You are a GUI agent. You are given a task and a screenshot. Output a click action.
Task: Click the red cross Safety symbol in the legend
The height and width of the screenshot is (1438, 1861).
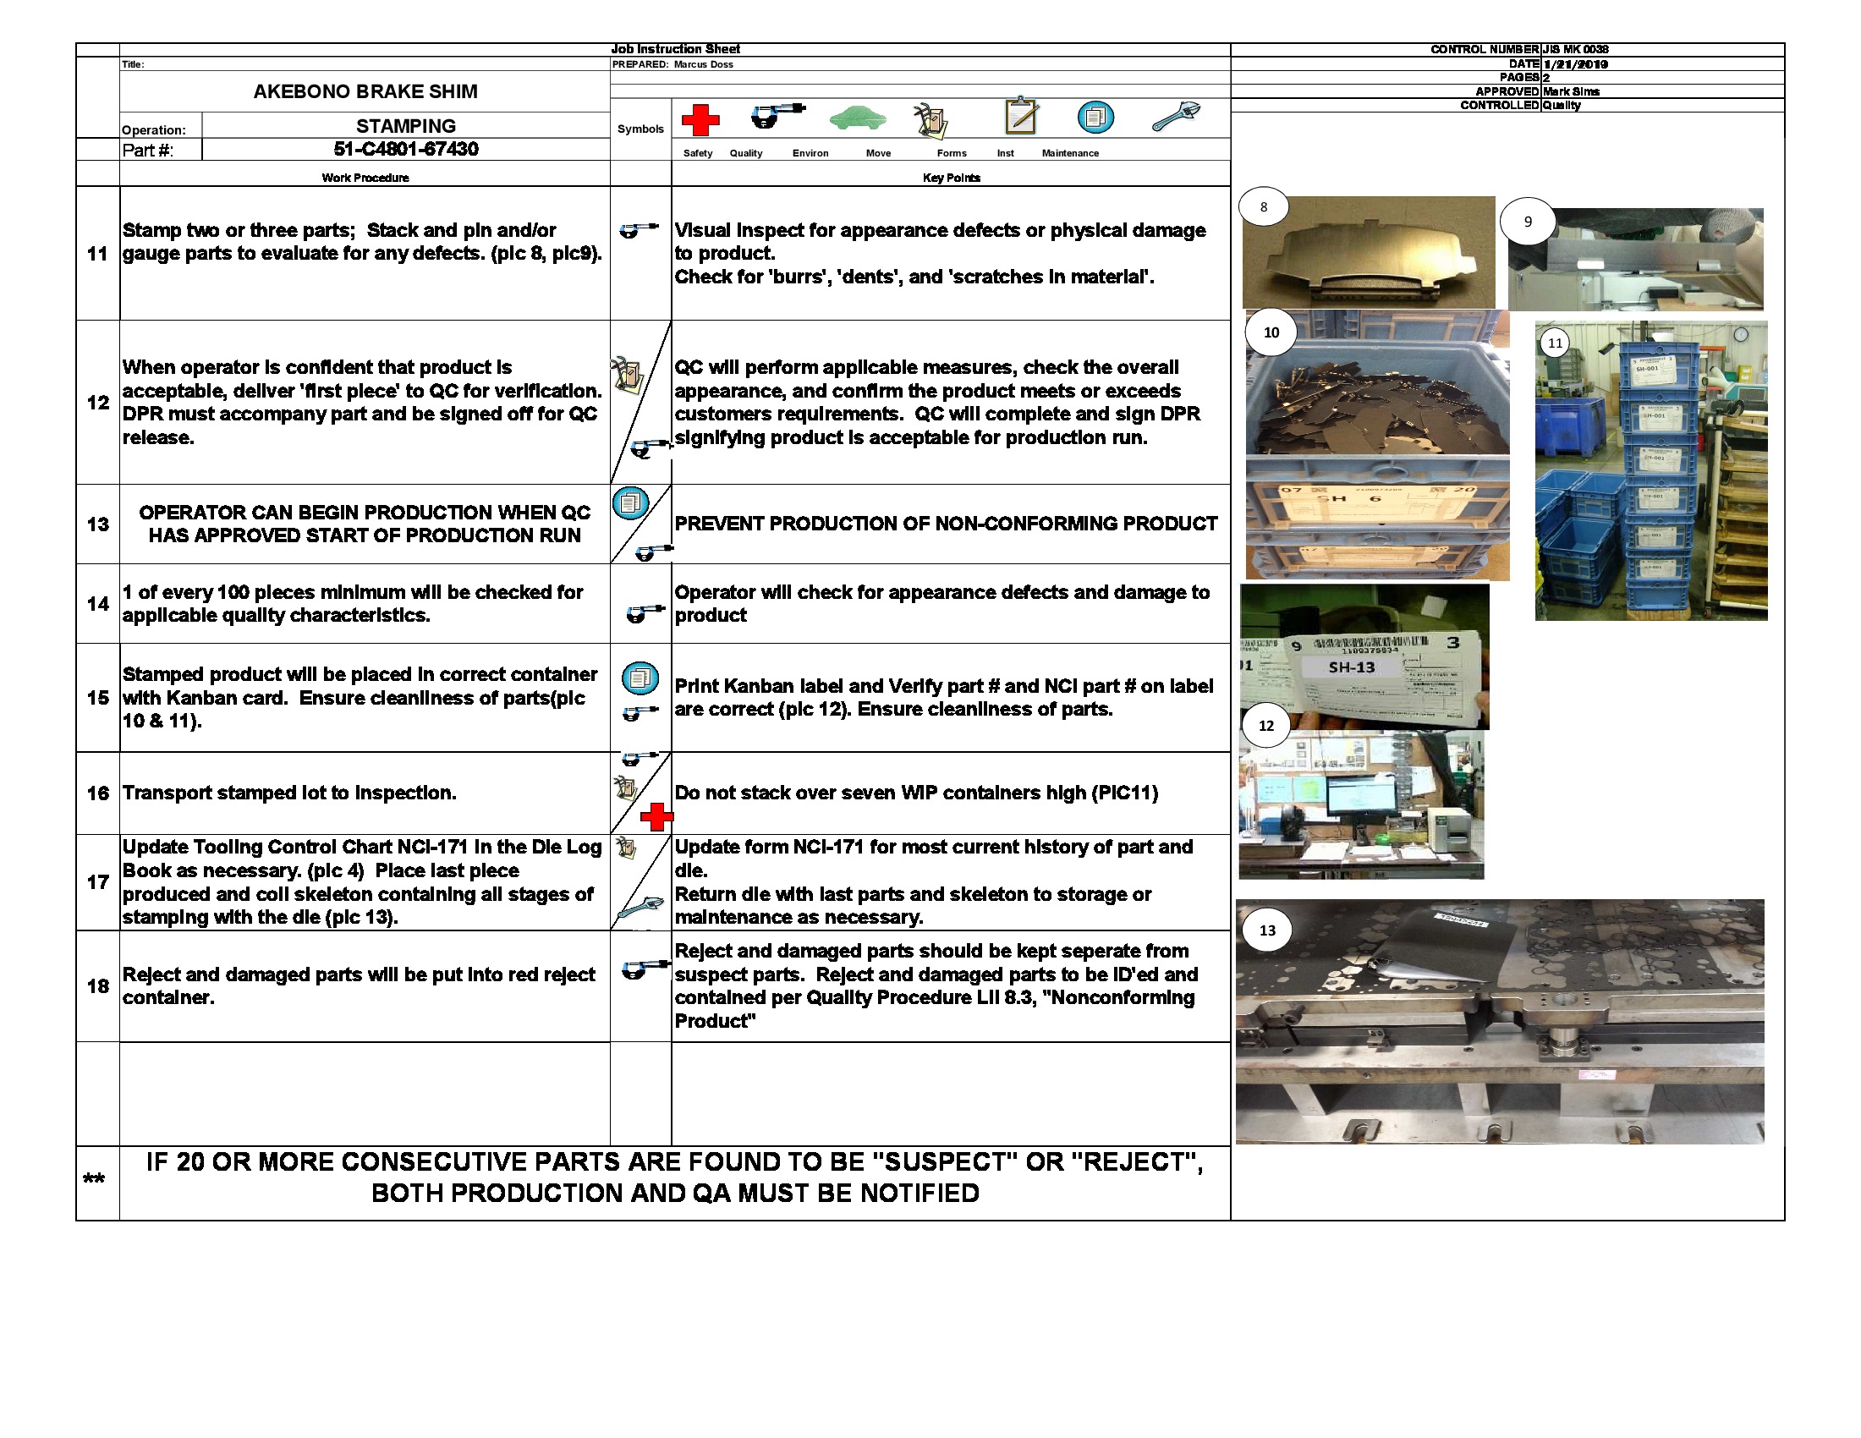700,120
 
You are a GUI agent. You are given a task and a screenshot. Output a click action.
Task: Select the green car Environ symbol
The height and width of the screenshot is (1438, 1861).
857,118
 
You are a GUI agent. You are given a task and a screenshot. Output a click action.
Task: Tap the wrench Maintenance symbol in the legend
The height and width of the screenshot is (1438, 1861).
1176,116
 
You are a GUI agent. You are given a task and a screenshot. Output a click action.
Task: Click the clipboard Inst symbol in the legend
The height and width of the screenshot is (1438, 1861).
1021,116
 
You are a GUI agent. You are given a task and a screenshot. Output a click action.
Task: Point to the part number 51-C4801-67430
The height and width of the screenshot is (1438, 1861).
405,149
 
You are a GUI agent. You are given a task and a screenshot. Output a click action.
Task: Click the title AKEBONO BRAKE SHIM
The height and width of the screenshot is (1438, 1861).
365,91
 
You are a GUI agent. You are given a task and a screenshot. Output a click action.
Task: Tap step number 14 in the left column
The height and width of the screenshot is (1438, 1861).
98,603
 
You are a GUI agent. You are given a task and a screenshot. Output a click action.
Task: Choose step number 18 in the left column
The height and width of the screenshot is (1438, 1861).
98,985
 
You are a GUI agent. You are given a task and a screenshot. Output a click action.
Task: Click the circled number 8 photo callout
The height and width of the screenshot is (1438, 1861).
1264,207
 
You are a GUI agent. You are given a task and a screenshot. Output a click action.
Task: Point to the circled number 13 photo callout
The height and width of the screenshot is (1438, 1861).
1267,930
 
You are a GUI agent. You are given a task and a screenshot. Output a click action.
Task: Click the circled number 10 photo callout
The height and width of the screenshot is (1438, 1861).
1271,332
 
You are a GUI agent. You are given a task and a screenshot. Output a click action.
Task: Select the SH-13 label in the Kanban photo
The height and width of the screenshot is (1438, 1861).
1352,667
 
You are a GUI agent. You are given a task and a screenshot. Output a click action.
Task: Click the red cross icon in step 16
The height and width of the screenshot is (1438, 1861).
656,817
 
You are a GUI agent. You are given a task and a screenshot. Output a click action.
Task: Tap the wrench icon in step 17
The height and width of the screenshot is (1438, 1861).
639,908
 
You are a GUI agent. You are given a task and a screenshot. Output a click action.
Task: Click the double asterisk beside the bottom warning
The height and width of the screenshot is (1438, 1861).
94,1180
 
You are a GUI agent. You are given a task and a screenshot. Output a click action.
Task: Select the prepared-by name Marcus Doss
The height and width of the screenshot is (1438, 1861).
703,65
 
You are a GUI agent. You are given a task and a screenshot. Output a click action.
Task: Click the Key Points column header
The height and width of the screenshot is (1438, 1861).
951,178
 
